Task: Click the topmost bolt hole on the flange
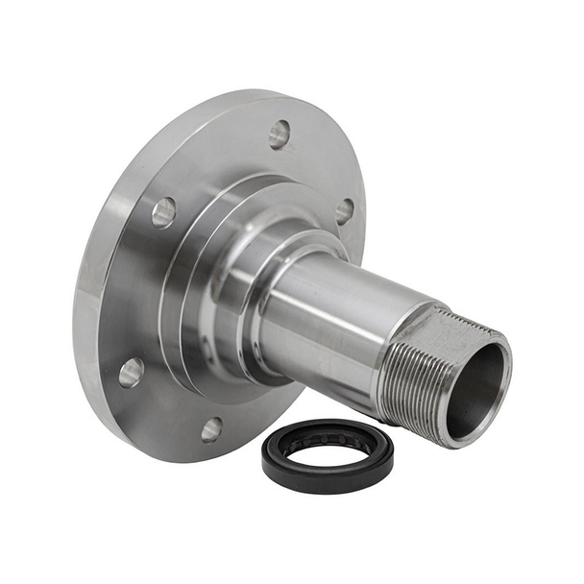[280, 134]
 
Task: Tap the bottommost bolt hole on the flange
[211, 429]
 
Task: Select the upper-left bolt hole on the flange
[163, 211]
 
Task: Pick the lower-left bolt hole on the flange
[132, 372]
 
